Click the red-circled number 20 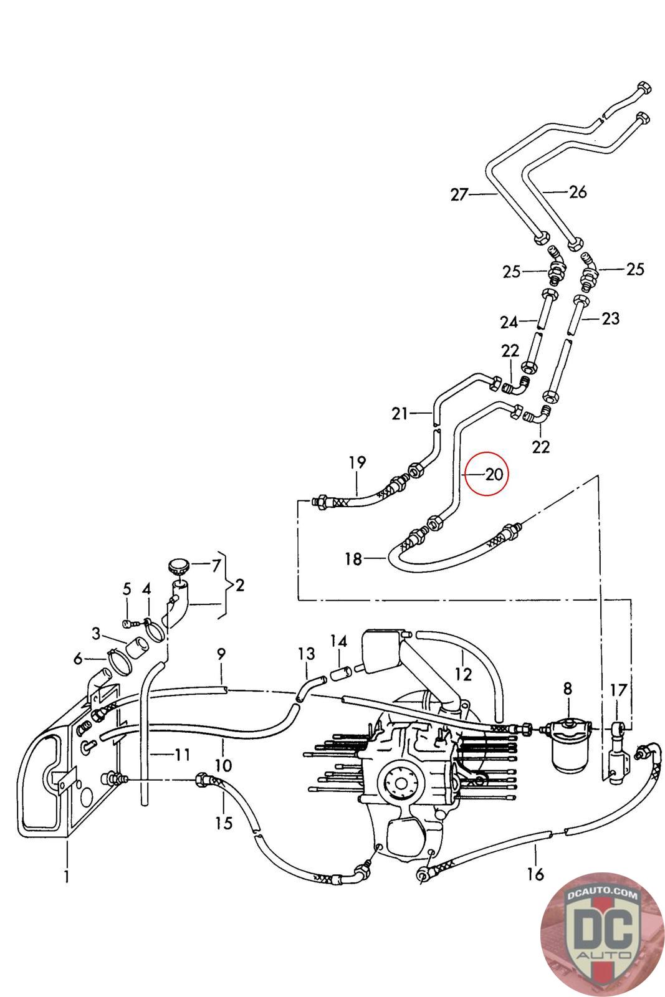pyautogui.click(x=494, y=474)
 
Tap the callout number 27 pyautogui.click(x=459, y=195)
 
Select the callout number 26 pyautogui.click(x=578, y=191)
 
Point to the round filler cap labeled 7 pyautogui.click(x=178, y=568)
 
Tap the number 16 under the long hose pyautogui.click(x=535, y=874)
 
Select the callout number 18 pyautogui.click(x=353, y=559)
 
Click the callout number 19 pyautogui.click(x=357, y=462)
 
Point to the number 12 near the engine pyautogui.click(x=464, y=674)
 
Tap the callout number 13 pyautogui.click(x=307, y=654)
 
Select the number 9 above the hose pyautogui.click(x=221, y=654)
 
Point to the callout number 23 pyautogui.click(x=610, y=318)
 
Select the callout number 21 pyautogui.click(x=399, y=413)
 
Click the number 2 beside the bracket pyautogui.click(x=240, y=585)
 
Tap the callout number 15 pyautogui.click(x=224, y=823)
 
